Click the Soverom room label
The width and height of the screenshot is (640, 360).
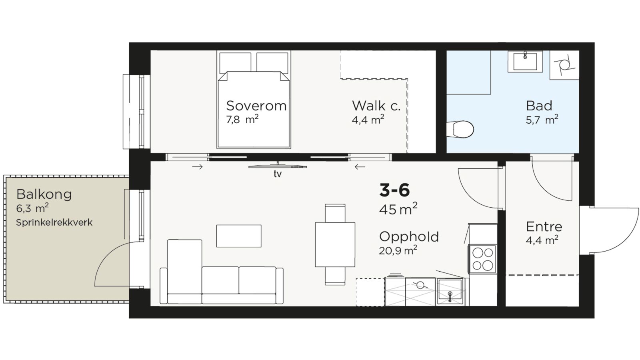click(x=256, y=106)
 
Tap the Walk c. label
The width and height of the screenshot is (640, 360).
click(x=376, y=106)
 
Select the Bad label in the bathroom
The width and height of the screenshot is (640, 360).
click(x=539, y=106)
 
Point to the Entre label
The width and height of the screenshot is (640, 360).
click(x=544, y=227)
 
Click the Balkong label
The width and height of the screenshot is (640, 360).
click(x=44, y=194)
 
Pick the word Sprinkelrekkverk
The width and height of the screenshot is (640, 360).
click(x=54, y=222)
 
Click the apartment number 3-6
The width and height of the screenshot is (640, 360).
click(x=394, y=190)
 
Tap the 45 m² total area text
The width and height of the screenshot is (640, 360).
click(x=398, y=208)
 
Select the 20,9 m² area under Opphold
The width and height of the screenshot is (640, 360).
click(x=398, y=250)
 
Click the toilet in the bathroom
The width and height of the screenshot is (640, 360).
click(x=460, y=130)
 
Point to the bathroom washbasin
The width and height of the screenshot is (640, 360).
click(x=525, y=62)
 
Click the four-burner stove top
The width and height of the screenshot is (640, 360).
click(x=482, y=259)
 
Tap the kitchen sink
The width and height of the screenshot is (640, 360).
click(x=450, y=292)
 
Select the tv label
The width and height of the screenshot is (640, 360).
click(x=278, y=174)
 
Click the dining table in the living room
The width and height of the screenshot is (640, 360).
click(x=335, y=244)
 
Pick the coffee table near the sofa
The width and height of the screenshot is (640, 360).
click(x=239, y=236)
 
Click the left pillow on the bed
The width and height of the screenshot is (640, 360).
click(x=236, y=62)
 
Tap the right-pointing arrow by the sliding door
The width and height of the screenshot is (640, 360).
click(x=198, y=167)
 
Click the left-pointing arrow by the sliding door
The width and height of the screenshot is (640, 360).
click(x=360, y=167)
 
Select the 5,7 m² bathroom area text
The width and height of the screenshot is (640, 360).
click(x=542, y=120)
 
